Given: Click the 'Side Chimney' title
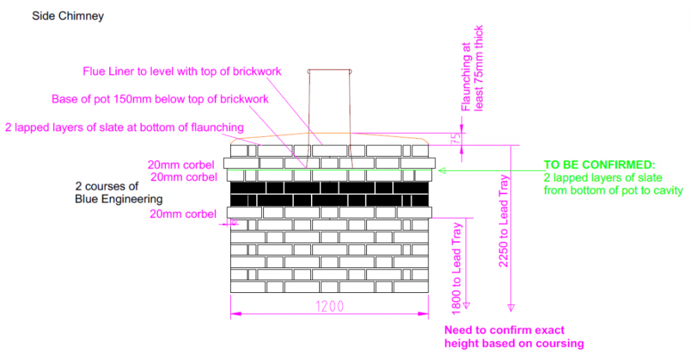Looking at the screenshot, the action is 68,16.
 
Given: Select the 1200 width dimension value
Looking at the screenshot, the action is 330,306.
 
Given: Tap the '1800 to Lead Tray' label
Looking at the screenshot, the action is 457,269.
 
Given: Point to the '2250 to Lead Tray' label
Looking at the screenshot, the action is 504,220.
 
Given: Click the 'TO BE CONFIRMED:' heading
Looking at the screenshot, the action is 599,164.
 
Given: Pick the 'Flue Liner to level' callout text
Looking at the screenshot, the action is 182,71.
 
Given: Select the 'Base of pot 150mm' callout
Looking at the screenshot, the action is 160,99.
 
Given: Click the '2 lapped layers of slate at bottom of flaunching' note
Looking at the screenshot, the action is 124,127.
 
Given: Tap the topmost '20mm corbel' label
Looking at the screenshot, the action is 180,164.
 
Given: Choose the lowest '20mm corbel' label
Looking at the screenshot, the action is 183,214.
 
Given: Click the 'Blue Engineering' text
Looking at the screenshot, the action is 119,199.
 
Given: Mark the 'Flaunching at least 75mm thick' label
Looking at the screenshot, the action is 472,68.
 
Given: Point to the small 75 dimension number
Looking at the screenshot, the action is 457,138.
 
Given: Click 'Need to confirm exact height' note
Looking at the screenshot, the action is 514,337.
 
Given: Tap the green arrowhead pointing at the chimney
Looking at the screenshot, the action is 442,171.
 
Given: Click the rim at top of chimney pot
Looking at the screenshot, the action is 330,70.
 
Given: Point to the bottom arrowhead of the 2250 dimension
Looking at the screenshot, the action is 511,307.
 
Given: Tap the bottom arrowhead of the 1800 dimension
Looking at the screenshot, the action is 466,305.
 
